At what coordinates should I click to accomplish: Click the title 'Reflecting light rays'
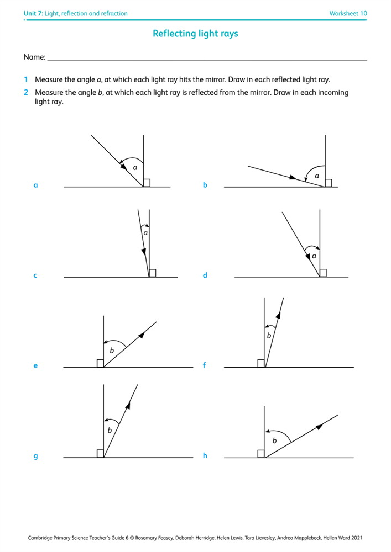[x=195, y=34]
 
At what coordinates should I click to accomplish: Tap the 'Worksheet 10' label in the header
[x=348, y=13]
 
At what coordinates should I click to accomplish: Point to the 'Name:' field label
[x=34, y=57]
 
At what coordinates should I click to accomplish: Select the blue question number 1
[x=26, y=79]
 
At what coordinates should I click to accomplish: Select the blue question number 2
[x=26, y=92]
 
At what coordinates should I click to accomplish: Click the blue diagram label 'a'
[x=36, y=185]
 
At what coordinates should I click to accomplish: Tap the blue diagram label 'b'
[x=205, y=185]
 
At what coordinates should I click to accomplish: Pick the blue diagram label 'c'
[x=35, y=275]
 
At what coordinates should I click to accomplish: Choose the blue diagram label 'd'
[x=205, y=275]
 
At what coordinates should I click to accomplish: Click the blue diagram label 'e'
[x=36, y=365]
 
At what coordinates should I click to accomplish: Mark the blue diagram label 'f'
[x=204, y=365]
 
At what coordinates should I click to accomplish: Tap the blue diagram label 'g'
[x=36, y=457]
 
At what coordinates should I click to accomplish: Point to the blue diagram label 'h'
[x=205, y=456]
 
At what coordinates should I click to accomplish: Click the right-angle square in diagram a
[x=147, y=183]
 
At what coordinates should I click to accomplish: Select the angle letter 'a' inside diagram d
[x=314, y=256]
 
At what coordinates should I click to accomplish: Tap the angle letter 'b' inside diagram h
[x=274, y=440]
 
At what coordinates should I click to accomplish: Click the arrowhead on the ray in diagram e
[x=143, y=333]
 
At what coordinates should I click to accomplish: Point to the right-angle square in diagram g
[x=100, y=454]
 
